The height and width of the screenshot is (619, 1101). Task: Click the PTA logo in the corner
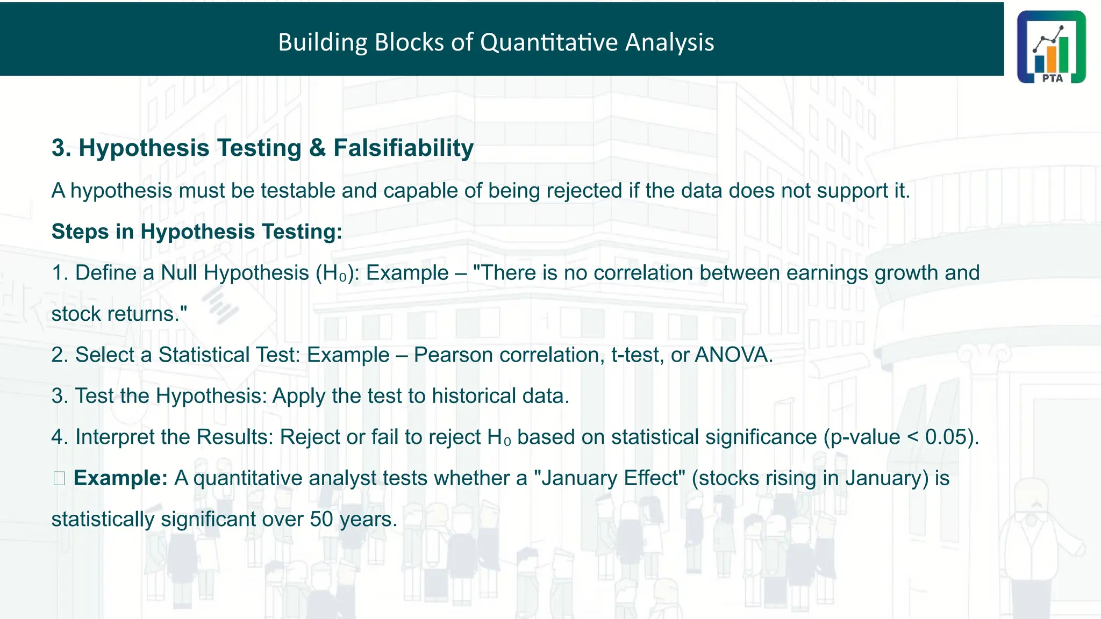click(1051, 47)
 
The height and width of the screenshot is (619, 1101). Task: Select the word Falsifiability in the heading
click(403, 148)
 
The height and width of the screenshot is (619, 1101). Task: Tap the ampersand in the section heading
click(317, 148)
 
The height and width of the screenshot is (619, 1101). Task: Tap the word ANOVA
click(733, 355)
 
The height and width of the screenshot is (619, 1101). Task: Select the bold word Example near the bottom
click(120, 478)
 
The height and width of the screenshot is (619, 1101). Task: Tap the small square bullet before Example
click(59, 478)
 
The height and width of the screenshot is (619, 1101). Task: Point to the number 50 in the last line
click(321, 519)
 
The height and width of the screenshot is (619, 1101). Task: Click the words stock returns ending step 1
click(118, 314)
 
